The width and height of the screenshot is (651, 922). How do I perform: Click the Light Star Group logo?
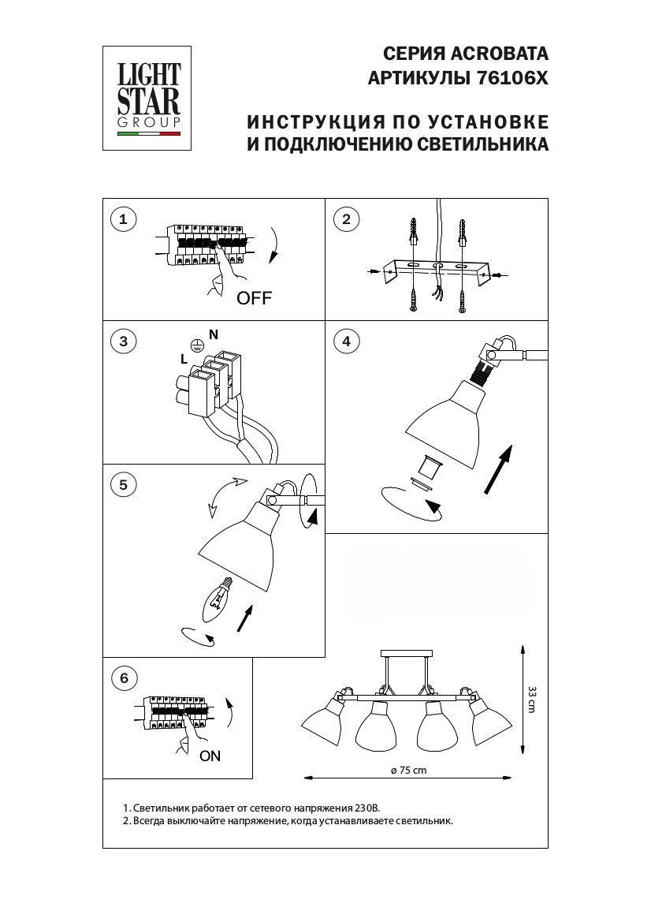click(x=147, y=99)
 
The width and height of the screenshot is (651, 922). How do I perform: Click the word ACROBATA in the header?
click(x=499, y=54)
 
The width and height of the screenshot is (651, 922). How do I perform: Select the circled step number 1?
click(x=123, y=220)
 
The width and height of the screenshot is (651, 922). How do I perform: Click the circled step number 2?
click(x=346, y=220)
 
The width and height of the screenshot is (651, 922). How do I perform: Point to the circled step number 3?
click(x=123, y=342)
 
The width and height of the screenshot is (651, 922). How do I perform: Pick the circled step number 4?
click(x=346, y=342)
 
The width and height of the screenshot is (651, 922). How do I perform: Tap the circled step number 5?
click(x=123, y=485)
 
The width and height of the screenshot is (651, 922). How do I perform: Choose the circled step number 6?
click(x=124, y=678)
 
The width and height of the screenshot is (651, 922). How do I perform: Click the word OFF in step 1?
click(x=255, y=298)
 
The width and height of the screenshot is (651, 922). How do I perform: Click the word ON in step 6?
click(x=210, y=756)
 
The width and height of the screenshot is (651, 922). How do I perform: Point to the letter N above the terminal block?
click(x=214, y=334)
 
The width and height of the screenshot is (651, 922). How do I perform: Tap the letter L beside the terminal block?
click(x=184, y=360)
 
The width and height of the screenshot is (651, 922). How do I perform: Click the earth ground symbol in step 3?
click(x=198, y=347)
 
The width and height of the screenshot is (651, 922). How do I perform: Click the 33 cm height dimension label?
click(x=532, y=699)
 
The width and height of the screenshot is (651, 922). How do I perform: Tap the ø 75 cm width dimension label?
click(x=409, y=771)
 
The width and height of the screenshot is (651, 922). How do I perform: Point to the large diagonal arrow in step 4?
click(x=498, y=469)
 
